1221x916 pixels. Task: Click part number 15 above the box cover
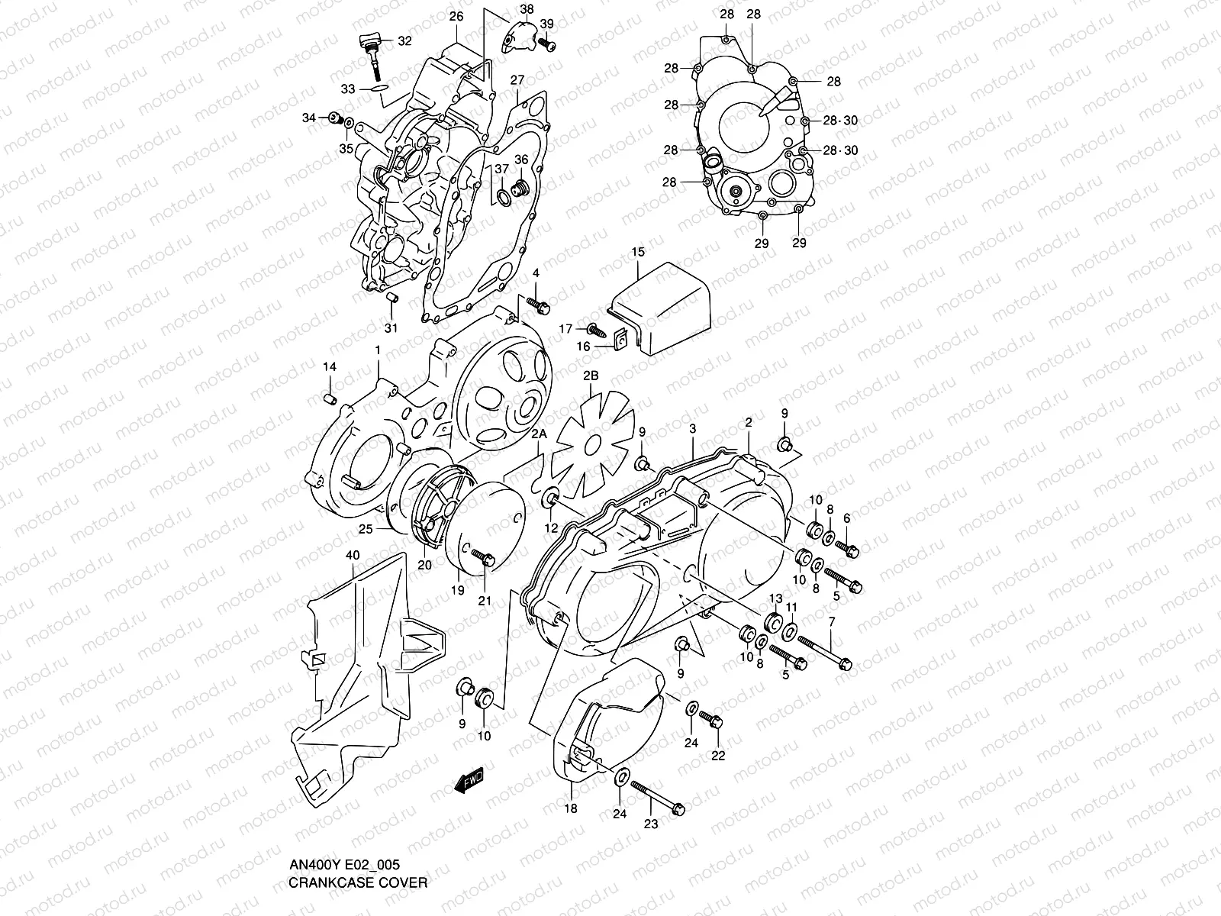tap(638, 252)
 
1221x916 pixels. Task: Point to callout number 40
tap(353, 555)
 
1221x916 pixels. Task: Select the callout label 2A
tap(540, 434)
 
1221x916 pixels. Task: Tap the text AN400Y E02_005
tap(344, 865)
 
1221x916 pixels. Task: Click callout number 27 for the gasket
tap(517, 80)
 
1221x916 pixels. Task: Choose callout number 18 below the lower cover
tap(571, 809)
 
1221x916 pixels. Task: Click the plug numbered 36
tap(522, 189)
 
